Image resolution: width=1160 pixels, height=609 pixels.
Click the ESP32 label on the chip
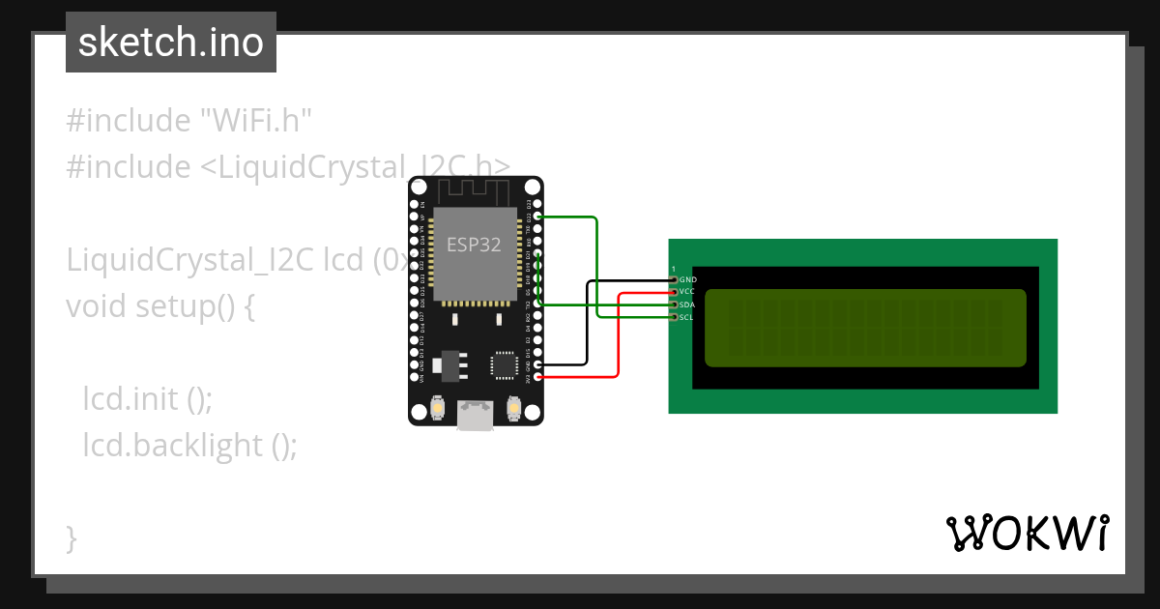(x=474, y=245)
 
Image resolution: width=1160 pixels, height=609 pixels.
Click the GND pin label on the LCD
(x=687, y=279)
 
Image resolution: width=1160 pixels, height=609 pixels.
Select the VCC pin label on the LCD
(x=687, y=291)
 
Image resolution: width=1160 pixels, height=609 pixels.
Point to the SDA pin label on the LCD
(x=687, y=304)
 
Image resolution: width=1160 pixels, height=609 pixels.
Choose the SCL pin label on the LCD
(x=687, y=317)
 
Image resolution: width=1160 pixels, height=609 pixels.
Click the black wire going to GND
(x=587, y=324)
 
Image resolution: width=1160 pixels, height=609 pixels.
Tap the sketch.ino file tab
(x=171, y=43)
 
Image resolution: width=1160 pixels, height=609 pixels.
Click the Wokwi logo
(x=1027, y=533)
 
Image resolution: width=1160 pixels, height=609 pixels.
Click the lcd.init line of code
(x=147, y=398)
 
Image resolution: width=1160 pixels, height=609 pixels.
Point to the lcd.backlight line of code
(x=189, y=445)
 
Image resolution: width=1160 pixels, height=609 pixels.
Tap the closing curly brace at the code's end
(x=72, y=537)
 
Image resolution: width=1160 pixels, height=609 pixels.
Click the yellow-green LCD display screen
(x=865, y=328)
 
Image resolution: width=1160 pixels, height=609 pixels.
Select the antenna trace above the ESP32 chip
(x=474, y=189)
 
